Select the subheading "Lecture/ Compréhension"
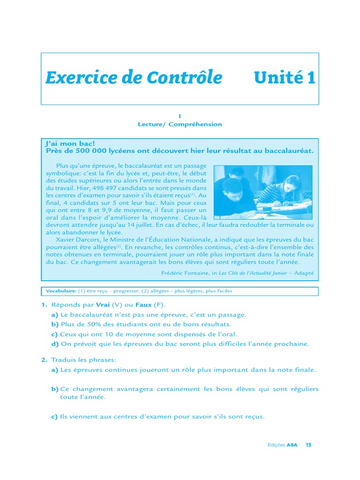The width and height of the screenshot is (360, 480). pos(180,124)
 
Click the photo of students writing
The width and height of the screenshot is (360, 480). pos(262,192)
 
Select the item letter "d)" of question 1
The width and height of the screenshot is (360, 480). pos(55,344)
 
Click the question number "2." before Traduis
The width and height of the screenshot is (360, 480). pos(44,360)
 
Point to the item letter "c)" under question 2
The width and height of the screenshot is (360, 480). pos(54,416)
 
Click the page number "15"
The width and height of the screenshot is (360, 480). pos(308,445)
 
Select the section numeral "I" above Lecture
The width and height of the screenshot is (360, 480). pos(180,116)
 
